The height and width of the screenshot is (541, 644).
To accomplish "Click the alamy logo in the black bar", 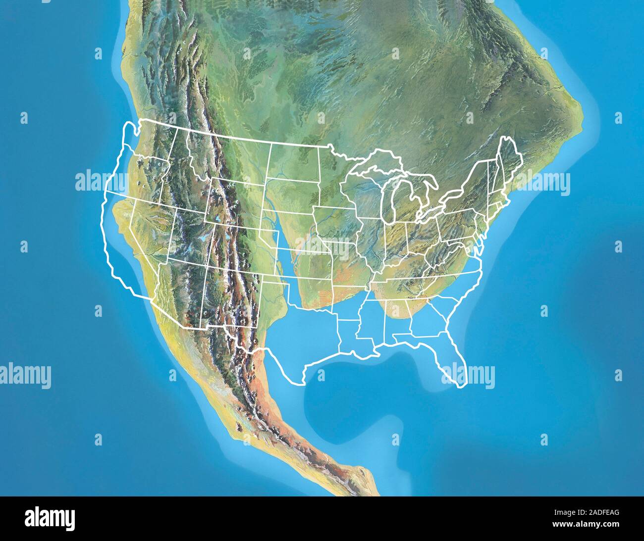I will (50, 518).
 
